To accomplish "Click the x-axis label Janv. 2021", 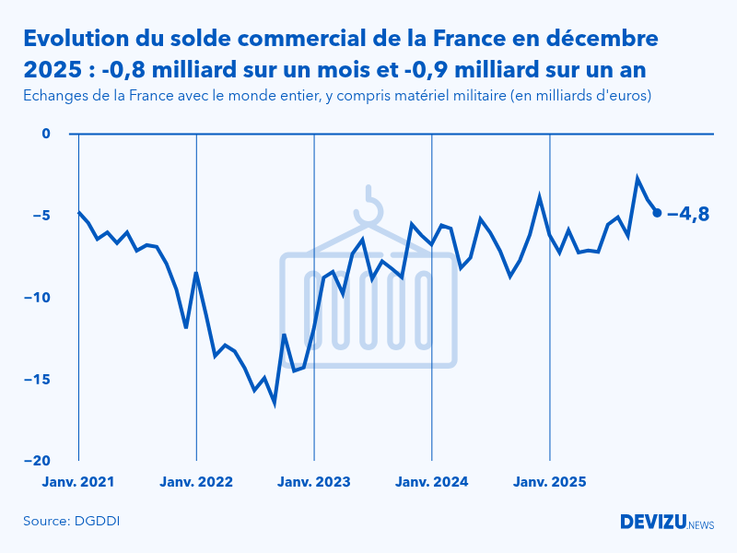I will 78,481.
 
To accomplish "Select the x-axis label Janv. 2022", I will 196,481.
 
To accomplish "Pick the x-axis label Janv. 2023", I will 314,481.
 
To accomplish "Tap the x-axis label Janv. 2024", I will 432,481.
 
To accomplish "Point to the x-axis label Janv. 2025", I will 550,481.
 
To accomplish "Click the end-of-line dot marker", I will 657,213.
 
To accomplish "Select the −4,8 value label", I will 687,214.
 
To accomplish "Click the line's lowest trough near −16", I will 275,403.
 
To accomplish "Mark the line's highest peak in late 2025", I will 637,178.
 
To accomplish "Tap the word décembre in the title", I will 602,39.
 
